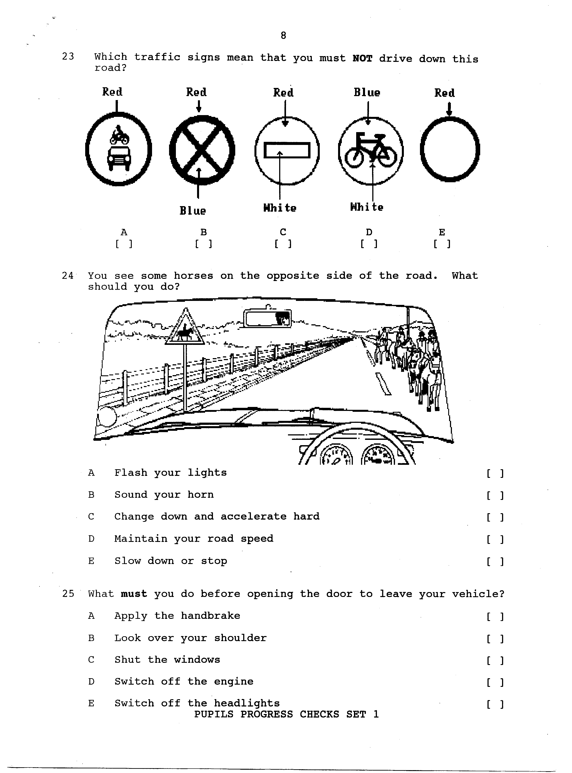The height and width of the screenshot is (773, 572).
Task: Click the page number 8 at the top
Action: (283, 35)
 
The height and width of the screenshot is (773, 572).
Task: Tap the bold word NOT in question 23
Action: (362, 58)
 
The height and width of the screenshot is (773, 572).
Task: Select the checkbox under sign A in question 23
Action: (124, 244)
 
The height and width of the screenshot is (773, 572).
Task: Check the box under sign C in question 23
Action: (283, 244)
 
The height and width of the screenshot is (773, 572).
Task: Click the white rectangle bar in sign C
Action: (287, 150)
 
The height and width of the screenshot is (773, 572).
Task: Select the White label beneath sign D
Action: (367, 207)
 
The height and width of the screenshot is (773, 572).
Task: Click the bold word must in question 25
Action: (134, 594)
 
